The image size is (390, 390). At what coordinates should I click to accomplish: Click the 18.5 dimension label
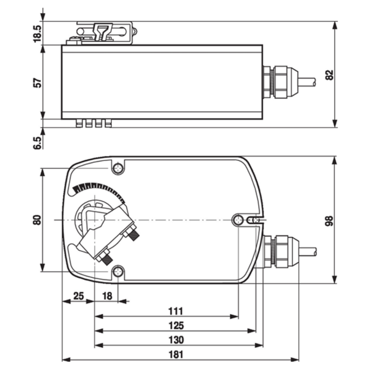[x=37, y=33]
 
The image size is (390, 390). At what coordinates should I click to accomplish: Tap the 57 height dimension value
[x=37, y=83]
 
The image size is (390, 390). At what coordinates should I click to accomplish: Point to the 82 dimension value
[x=329, y=75]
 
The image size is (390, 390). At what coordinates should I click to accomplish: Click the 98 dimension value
[x=329, y=221]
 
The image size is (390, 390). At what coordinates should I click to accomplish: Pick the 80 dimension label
[x=37, y=220]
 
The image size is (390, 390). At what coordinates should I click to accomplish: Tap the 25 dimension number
[x=78, y=296]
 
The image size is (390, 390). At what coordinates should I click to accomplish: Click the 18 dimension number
[x=107, y=296]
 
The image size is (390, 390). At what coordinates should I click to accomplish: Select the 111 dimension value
[x=176, y=311]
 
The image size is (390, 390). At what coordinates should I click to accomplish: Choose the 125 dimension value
[x=176, y=326]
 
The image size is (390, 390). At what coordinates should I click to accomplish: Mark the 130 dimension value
[x=176, y=340]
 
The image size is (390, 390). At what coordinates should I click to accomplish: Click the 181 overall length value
[x=176, y=354]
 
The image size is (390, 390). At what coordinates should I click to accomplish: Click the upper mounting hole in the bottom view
[x=118, y=168]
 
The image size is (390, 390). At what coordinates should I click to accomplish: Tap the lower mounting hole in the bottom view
[x=118, y=272]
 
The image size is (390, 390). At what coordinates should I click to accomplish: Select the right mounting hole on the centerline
[x=238, y=219]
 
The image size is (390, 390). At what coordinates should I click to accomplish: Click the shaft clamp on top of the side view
[x=104, y=33]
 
